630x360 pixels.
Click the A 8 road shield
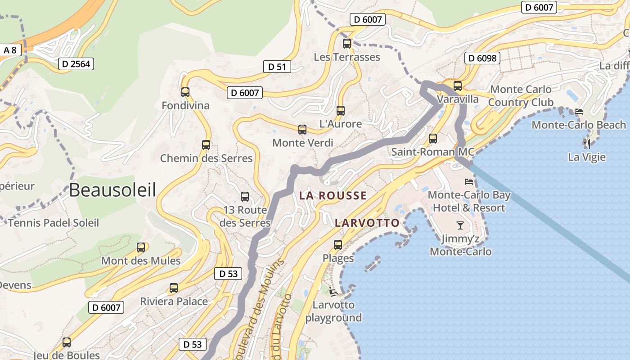pyautogui.click(x=10, y=50)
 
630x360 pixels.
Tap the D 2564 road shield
pyautogui.click(x=76, y=64)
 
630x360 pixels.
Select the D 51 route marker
pyautogui.click(x=277, y=67)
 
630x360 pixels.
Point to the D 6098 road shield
pyautogui.click(x=482, y=58)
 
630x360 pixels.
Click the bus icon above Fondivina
pyautogui.click(x=185, y=92)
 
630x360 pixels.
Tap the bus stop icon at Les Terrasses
pyautogui.click(x=347, y=44)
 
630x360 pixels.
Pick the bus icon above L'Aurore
pyautogui.click(x=341, y=110)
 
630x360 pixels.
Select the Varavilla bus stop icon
pyautogui.click(x=458, y=85)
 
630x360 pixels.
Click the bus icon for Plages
pyautogui.click(x=338, y=245)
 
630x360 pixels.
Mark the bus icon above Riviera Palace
pyautogui.click(x=174, y=288)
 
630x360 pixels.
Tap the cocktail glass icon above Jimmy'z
pyautogui.click(x=460, y=225)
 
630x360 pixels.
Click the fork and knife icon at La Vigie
pyautogui.click(x=586, y=144)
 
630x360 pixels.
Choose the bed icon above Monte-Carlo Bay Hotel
pyautogui.click(x=469, y=182)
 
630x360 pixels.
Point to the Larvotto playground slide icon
pyautogui.click(x=333, y=292)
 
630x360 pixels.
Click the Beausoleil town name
pyautogui.click(x=112, y=190)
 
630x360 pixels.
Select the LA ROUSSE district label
pyautogui.click(x=333, y=196)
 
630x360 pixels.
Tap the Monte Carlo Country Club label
pyautogui.click(x=521, y=96)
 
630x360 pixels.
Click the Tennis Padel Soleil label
pyautogui.click(x=53, y=223)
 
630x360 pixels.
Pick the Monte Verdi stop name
pyautogui.click(x=303, y=143)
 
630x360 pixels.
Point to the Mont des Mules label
pyautogui.click(x=141, y=261)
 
